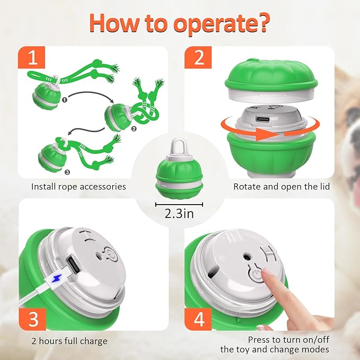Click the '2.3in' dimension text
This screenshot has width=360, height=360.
pyautogui.click(x=179, y=216)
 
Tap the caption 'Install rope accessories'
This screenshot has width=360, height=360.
pyautogui.click(x=78, y=187)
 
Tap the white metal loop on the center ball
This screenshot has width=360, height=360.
pyautogui.click(x=179, y=146)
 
